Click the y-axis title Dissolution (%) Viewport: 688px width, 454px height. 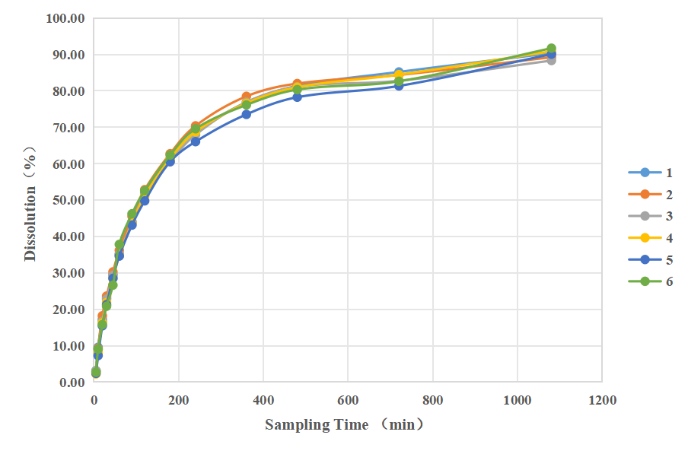[x=30, y=201]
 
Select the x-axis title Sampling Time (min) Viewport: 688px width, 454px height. [x=345, y=424]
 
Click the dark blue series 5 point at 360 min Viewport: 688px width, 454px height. [x=247, y=114]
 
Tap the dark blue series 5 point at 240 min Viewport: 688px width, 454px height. [x=196, y=141]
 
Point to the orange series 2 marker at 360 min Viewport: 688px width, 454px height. [x=247, y=97]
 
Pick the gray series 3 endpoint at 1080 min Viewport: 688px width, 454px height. [x=551, y=60]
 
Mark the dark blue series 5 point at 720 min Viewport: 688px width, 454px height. [x=399, y=86]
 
